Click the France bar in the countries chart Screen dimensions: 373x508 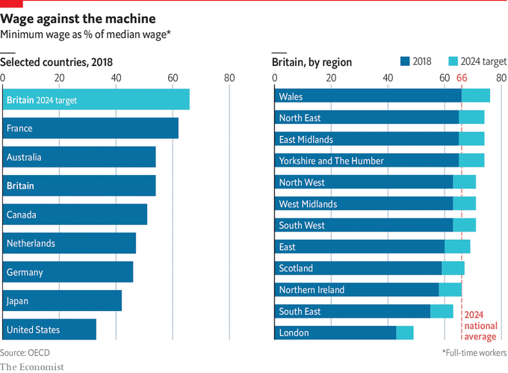(x=90, y=129)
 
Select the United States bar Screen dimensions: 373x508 (x=49, y=330)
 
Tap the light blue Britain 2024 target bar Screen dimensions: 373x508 (x=96, y=99)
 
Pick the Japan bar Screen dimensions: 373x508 (x=62, y=301)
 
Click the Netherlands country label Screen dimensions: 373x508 (x=30, y=244)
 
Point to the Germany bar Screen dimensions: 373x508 (x=68, y=273)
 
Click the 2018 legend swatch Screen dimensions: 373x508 (x=405, y=62)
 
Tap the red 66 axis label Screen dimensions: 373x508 (x=462, y=78)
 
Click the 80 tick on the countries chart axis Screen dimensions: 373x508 (x=229, y=78)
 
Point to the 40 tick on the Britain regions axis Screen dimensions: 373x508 (x=388, y=78)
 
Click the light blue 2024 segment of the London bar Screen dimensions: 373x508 (x=404, y=333)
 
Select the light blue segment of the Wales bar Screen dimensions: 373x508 (x=475, y=96)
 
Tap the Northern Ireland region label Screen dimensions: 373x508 (x=312, y=290)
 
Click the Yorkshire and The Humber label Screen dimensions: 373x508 (x=331, y=161)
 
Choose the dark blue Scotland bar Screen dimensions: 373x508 (x=359, y=268)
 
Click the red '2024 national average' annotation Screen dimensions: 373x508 (x=480, y=326)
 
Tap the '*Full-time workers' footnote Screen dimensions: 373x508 (x=474, y=351)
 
